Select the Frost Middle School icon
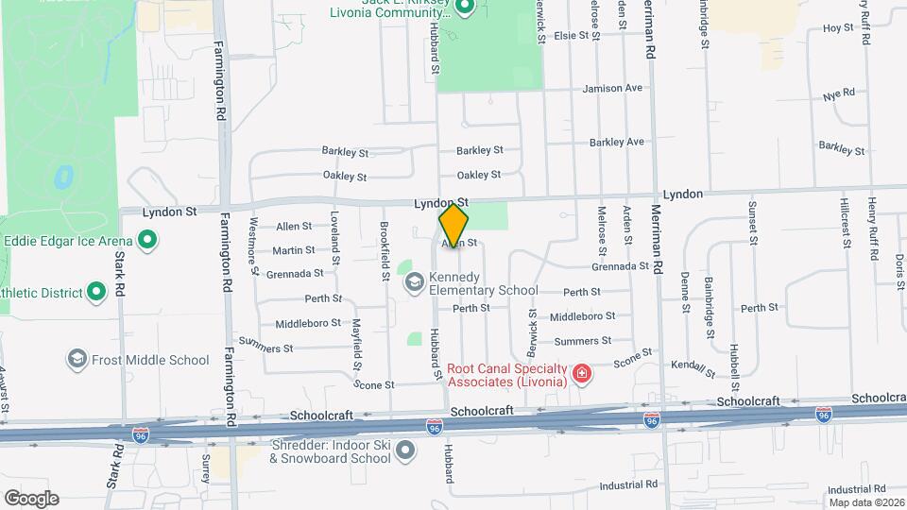[77, 360]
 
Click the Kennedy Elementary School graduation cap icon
[414, 281]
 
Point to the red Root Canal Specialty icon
[582, 375]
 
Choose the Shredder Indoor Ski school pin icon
[405, 450]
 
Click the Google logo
[31, 499]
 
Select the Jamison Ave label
[612, 88]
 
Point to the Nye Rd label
[838, 94]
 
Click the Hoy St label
[838, 28]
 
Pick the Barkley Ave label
[616, 142]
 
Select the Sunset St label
[753, 222]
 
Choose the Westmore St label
[253, 246]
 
